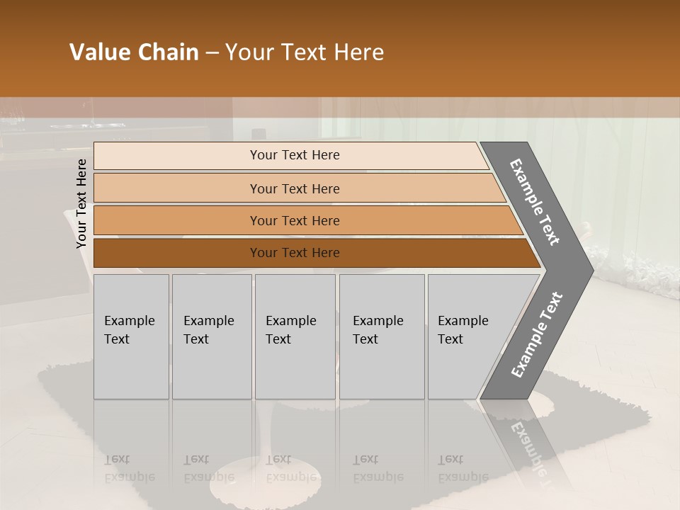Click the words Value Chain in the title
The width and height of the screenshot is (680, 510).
pos(134,52)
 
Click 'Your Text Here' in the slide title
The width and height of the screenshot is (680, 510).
pos(305,52)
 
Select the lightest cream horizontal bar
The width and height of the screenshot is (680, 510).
pos(177,156)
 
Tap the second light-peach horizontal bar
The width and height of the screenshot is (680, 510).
pos(177,188)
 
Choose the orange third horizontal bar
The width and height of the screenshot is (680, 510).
pos(177,221)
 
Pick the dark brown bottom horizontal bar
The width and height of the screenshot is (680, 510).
pos(177,253)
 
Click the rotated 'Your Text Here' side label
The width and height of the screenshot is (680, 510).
pos(81,204)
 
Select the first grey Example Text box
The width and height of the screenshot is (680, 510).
pos(131,336)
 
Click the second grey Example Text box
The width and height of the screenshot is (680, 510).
pos(211,336)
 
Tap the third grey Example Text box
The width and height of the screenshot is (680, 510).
pos(295,336)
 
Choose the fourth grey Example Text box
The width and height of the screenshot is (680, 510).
pos(381,336)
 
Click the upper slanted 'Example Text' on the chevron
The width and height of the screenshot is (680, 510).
pos(535,202)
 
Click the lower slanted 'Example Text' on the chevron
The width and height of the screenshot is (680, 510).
pos(537,334)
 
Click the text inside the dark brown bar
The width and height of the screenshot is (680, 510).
pos(295,253)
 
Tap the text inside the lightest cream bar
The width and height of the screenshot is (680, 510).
pos(295,155)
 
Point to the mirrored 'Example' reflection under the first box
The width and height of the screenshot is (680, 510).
pos(129,477)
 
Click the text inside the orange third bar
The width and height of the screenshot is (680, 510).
pos(295,221)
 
